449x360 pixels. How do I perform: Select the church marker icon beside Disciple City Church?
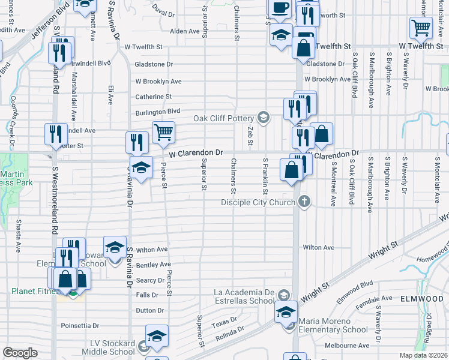[305, 201]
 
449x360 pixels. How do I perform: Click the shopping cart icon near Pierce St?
[163, 132]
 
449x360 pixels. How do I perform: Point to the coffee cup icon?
[279, 8]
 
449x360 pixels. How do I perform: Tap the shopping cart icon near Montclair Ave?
[421, 27]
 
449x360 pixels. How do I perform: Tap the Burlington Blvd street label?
[157, 111]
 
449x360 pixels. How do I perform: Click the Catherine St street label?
[153, 96]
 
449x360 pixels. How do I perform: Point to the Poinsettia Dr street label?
[83, 326]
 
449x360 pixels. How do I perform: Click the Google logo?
[20, 353]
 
